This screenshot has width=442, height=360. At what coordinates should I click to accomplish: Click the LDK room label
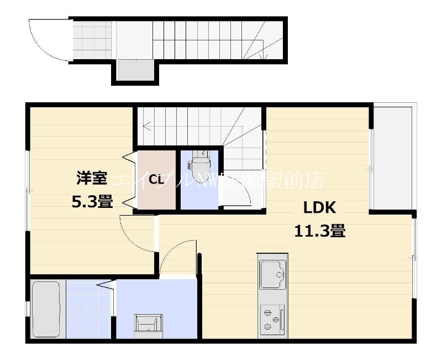pyautogui.click(x=319, y=208)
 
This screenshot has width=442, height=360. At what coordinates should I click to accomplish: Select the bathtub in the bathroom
pyautogui.click(x=46, y=309)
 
